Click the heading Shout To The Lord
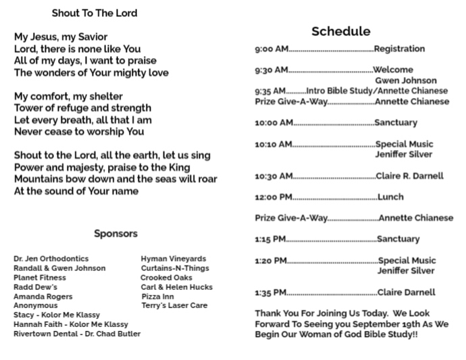94,13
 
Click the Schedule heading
340,31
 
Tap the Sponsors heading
115,234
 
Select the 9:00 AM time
271,49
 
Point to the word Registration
399,49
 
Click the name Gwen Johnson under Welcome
405,80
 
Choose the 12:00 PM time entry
273,197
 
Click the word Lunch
390,197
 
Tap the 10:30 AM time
274,176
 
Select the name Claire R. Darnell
410,176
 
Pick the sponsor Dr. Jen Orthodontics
51,259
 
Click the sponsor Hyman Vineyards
174,259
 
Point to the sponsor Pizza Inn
157,297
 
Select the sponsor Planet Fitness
40,278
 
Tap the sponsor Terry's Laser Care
174,306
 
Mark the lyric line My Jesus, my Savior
61,36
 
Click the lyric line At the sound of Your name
76,191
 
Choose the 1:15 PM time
271,239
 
